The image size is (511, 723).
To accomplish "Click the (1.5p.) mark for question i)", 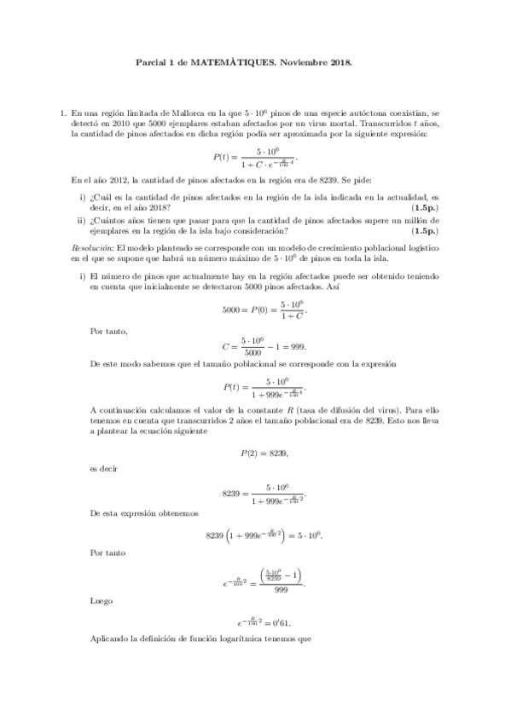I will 424,208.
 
